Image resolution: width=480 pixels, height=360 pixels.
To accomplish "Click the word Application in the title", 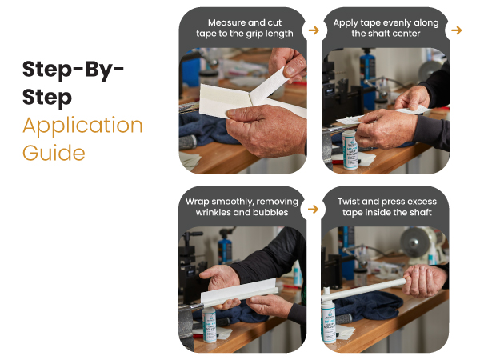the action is (x=82, y=126).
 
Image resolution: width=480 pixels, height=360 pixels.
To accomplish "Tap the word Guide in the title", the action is (x=54, y=153).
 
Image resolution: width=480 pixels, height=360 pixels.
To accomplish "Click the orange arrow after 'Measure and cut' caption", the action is (x=314, y=30).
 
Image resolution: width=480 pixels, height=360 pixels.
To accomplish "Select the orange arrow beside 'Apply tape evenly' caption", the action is (x=457, y=30).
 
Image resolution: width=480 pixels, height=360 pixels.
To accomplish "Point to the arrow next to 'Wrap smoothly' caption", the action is (x=313, y=209).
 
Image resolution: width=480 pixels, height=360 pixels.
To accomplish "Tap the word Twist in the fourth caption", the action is (x=349, y=202).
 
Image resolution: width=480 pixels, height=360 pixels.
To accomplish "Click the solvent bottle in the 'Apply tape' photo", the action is (x=350, y=150).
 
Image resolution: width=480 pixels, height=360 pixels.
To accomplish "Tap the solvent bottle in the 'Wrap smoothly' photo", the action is (x=210, y=325).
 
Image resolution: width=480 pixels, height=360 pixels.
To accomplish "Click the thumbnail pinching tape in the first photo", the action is (x=290, y=70).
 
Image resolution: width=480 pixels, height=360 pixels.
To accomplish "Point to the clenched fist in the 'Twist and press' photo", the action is (x=425, y=281).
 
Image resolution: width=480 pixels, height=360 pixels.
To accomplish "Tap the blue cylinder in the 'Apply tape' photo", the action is (x=368, y=78).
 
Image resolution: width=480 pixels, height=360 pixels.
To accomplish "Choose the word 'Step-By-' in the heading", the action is (x=73, y=70).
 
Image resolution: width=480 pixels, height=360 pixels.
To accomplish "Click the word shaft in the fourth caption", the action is (x=420, y=212).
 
